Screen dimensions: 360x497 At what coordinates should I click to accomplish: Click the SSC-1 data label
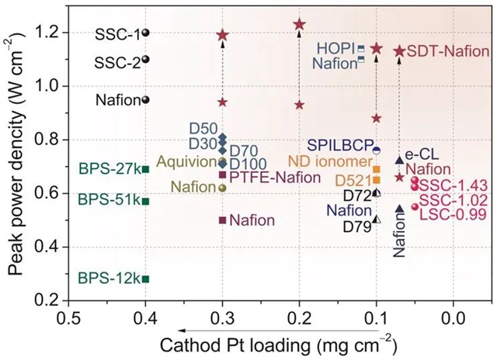[x=117, y=33]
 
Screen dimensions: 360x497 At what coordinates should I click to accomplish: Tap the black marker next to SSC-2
[x=145, y=59]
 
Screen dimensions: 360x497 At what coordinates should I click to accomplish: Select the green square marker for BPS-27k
[x=145, y=168]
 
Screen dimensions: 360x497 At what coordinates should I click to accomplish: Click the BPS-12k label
[x=109, y=279]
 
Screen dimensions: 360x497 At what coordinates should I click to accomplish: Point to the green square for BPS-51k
[x=145, y=202]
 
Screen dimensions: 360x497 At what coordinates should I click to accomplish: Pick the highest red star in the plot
[x=299, y=24]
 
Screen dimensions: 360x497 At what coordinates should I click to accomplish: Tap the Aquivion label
[x=186, y=161]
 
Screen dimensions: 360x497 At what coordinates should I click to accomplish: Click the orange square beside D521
[x=377, y=180]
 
